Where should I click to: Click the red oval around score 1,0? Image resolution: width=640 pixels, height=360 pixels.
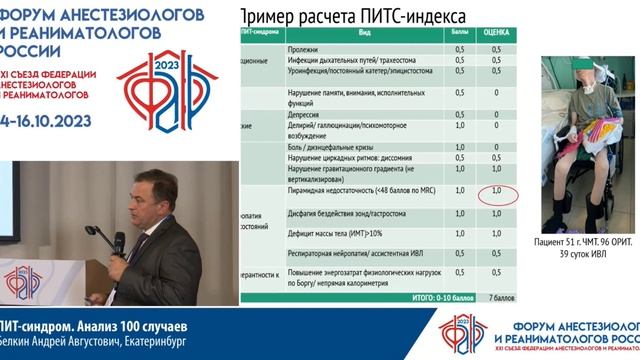(497, 192)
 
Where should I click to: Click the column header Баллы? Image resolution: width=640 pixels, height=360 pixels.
(458, 32)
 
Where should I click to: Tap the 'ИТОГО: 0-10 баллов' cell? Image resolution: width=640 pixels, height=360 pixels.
(438, 298)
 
